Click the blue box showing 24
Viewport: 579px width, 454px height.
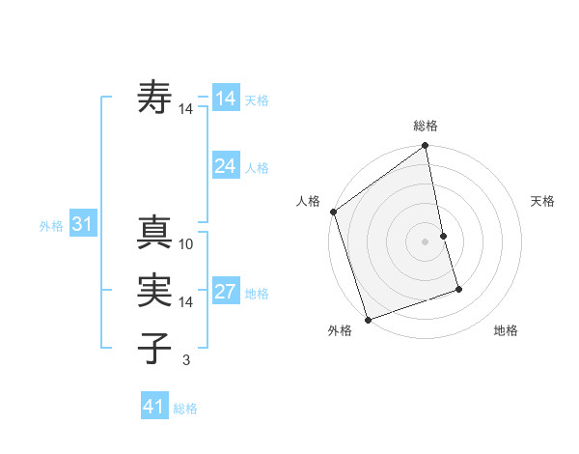(x=225, y=166)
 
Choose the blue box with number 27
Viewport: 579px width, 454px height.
(x=225, y=292)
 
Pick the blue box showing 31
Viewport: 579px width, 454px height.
(x=82, y=225)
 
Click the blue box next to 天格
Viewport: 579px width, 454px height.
(x=225, y=99)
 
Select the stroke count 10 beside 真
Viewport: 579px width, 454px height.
(x=186, y=244)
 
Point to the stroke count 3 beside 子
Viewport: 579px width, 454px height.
(x=186, y=360)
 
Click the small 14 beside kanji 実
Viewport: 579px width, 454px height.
(x=186, y=302)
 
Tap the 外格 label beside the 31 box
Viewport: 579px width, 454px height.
(x=51, y=226)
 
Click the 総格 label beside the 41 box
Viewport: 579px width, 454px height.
(x=185, y=409)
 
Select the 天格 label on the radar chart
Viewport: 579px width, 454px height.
(x=542, y=201)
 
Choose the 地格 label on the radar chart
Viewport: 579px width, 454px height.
(x=506, y=330)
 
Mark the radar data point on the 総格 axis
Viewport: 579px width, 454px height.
(x=426, y=147)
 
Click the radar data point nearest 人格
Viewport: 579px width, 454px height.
(x=333, y=212)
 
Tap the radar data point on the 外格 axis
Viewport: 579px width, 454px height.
(x=368, y=319)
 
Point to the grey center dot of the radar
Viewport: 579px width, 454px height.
(x=426, y=241)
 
